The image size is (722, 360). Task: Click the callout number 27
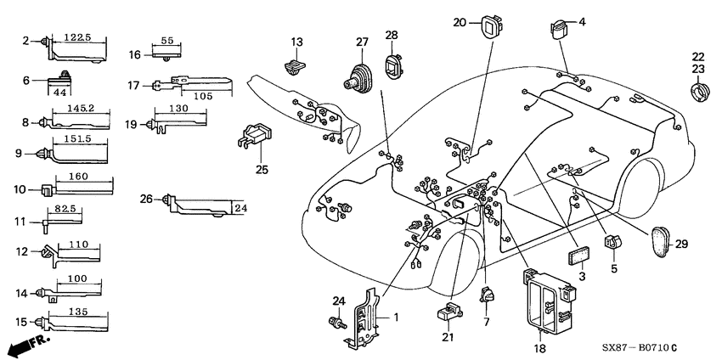tap(363, 42)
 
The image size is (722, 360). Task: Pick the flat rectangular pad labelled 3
tap(582, 258)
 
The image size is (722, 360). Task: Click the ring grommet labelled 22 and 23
tap(702, 87)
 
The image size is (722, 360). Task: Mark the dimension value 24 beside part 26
tap(241, 206)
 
